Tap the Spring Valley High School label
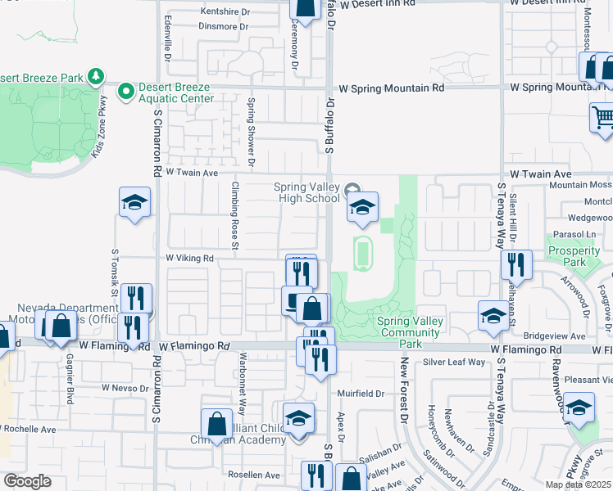coord(306,191)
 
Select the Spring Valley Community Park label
coord(410,327)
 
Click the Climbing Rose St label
coord(234,215)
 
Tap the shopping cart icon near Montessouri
coord(602,116)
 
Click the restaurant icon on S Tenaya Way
coord(516,264)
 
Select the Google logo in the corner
coord(27,481)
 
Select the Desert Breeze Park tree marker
coord(97,77)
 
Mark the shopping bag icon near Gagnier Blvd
coord(61,325)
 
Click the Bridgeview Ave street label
coord(554,336)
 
